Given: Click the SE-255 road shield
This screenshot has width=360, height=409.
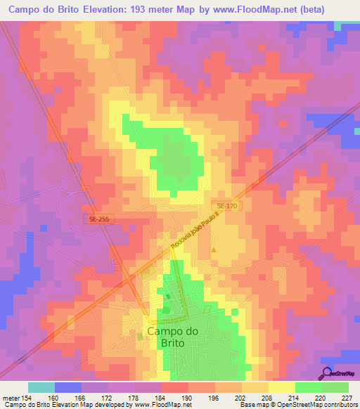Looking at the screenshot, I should [100, 220].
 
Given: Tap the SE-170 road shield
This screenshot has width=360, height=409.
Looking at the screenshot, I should [227, 205].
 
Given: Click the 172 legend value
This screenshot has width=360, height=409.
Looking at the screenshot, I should [108, 397].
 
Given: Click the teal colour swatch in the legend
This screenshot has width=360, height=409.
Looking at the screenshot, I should [41, 387].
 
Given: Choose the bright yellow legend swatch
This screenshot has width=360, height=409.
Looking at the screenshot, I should [281, 387].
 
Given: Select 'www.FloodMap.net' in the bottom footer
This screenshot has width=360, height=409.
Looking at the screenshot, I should [163, 405].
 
